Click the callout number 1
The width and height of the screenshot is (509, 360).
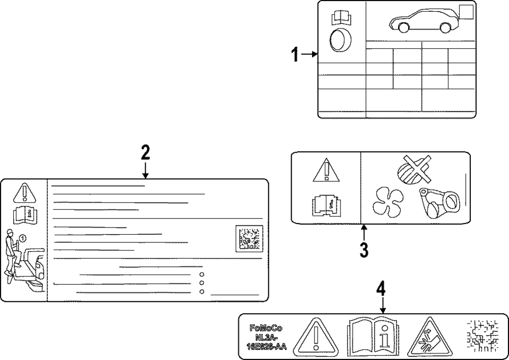294,54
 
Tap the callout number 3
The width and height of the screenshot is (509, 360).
364,250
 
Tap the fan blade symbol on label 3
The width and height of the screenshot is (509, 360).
387,202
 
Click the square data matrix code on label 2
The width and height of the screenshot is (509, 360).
248,238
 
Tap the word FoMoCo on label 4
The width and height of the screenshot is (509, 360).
265,328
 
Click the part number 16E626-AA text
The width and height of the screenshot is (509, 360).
265,347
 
